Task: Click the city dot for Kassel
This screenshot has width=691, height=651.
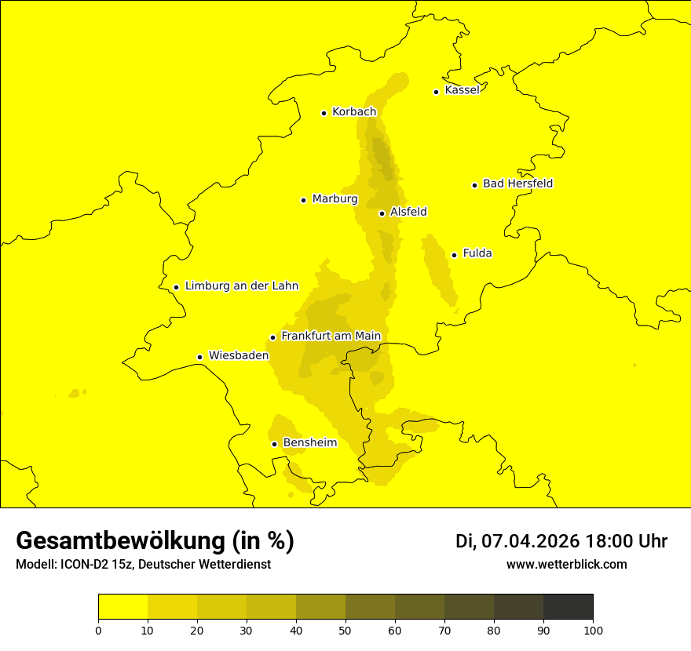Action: click(x=436, y=92)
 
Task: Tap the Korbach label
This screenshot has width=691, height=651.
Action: click(x=354, y=112)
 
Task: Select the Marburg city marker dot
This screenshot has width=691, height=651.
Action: click(x=303, y=200)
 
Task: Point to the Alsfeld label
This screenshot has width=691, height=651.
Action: click(x=408, y=212)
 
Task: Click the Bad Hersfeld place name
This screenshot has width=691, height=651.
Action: click(x=517, y=184)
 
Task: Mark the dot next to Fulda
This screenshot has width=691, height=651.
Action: click(x=454, y=255)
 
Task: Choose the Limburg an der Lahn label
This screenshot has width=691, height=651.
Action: click(x=242, y=286)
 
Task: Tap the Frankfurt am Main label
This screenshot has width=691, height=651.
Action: click(x=331, y=336)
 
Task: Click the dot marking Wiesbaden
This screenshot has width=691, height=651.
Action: click(x=200, y=357)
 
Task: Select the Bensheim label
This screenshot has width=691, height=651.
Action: click(x=309, y=443)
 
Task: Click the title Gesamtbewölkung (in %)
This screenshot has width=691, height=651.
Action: click(x=155, y=541)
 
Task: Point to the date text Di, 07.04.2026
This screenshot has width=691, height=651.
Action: click(x=517, y=541)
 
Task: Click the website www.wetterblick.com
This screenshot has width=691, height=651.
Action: click(x=566, y=564)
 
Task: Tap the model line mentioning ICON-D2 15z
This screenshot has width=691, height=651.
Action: click(x=143, y=565)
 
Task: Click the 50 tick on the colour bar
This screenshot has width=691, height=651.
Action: click(x=345, y=629)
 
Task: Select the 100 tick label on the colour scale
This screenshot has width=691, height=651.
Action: click(x=593, y=629)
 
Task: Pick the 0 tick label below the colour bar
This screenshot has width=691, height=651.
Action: click(x=98, y=629)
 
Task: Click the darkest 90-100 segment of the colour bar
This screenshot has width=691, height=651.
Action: click(x=568, y=607)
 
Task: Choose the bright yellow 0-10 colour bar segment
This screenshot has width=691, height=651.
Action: click(x=122, y=607)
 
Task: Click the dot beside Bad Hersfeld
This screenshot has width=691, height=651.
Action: click(x=474, y=185)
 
